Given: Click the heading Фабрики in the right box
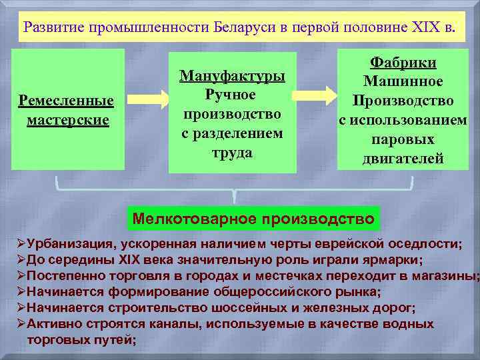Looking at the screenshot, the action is [403, 63].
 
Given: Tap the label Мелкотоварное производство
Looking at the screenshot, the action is [253, 218].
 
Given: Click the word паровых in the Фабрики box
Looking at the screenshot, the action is [403, 140].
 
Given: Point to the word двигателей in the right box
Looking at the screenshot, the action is [403, 159].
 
